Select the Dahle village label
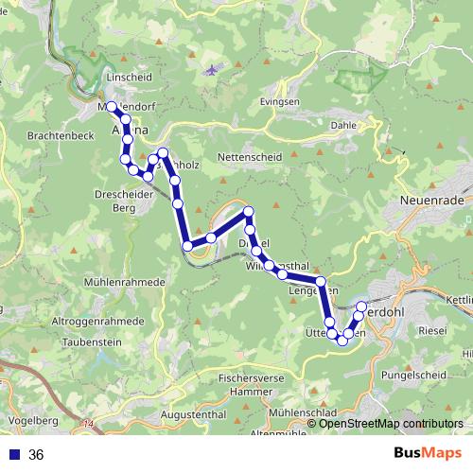(x=342, y=124)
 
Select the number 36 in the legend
(x=36, y=455)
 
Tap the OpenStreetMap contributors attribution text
(x=392, y=424)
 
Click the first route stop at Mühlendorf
(x=112, y=106)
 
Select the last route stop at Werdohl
(x=360, y=306)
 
